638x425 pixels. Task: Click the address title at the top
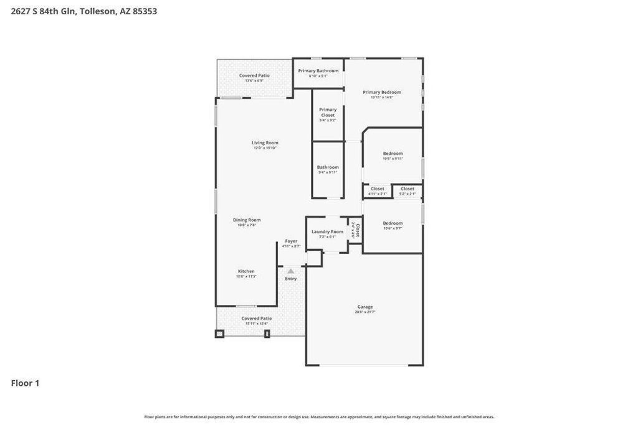[x=83, y=11]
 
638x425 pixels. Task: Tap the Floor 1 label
[x=25, y=383]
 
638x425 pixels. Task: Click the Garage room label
[x=365, y=307]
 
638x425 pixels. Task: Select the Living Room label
[x=265, y=143]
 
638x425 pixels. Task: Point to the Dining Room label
[x=247, y=220]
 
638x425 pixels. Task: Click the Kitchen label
[x=246, y=271]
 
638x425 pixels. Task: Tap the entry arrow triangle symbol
[x=291, y=271]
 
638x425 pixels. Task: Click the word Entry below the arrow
[x=291, y=279]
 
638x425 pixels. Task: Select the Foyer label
[x=291, y=241]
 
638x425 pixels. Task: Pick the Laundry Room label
[x=327, y=232]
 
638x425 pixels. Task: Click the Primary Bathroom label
[x=318, y=71]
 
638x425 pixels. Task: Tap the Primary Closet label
[x=328, y=113]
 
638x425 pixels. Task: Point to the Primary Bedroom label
[x=382, y=93]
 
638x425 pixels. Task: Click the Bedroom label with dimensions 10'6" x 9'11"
[x=393, y=154]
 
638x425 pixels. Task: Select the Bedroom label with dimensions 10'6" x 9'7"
[x=393, y=223]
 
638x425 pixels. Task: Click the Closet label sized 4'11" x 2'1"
[x=378, y=189]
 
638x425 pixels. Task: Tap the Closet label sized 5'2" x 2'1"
[x=407, y=189]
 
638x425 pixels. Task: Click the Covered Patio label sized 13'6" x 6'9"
[x=254, y=76]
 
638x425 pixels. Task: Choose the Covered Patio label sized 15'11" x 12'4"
[x=257, y=319]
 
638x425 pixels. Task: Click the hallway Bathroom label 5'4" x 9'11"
[x=328, y=167]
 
